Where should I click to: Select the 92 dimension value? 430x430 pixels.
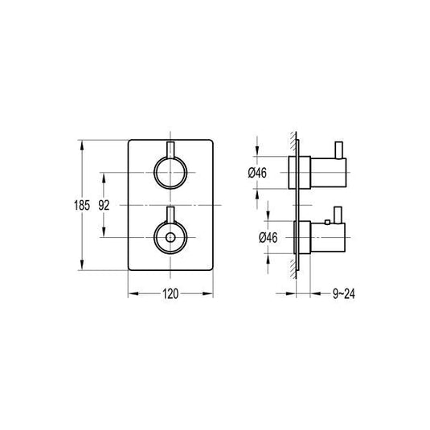tap(104, 206)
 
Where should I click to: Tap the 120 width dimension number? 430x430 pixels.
tap(170, 294)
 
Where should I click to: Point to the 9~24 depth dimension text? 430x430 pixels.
tap(342, 294)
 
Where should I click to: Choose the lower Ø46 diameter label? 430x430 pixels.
tap(258, 238)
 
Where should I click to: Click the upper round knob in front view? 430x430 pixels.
tap(170, 173)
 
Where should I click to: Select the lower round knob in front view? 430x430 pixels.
tap(170, 238)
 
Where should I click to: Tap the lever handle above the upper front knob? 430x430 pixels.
tap(170, 149)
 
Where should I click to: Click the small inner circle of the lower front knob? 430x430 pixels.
tap(170, 239)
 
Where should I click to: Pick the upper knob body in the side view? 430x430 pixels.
tap(317, 173)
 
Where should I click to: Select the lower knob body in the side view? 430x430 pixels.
tap(317, 238)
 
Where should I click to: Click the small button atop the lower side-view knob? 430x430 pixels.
tap(329, 219)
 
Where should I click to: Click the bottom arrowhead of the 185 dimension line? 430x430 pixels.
tap(82, 268)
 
